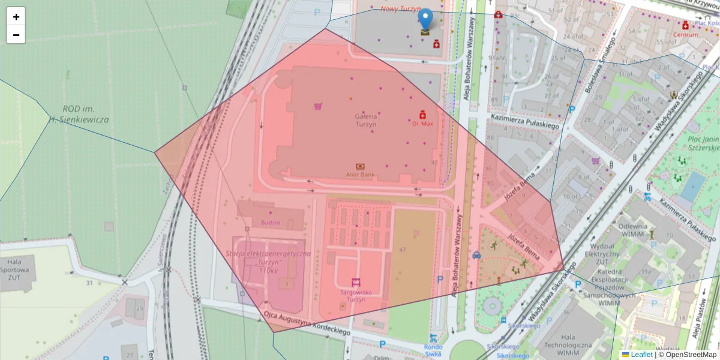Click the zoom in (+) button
pyautogui.click(x=16, y=17)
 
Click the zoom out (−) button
pyautogui.click(x=16, y=35)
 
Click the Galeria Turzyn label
pyautogui.click(x=365, y=120)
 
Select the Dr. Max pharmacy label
pyautogui.click(x=422, y=124)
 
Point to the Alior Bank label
pyautogui.click(x=360, y=175)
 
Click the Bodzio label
pyautogui.click(x=271, y=223)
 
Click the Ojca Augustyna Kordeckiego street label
pyautogui.click(x=307, y=323)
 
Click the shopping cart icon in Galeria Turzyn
pyautogui.click(x=318, y=106)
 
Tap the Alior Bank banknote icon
pyautogui.click(x=360, y=166)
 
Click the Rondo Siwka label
pyautogui.click(x=433, y=350)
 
